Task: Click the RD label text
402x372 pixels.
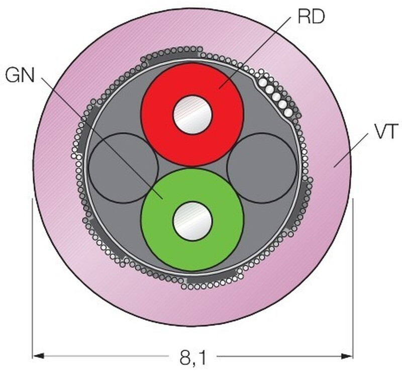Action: click(311, 17)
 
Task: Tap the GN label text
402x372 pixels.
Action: click(20, 75)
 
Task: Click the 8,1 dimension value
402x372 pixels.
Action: click(193, 357)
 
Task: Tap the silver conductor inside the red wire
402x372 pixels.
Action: click(192, 115)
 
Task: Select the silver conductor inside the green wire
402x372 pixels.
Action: click(192, 221)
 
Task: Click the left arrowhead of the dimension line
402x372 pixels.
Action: click(38, 356)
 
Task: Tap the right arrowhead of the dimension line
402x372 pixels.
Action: click(346, 356)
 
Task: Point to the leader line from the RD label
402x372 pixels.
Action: click(255, 53)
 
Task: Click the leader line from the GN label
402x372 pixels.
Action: click(103, 138)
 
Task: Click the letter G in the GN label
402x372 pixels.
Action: click(13, 75)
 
